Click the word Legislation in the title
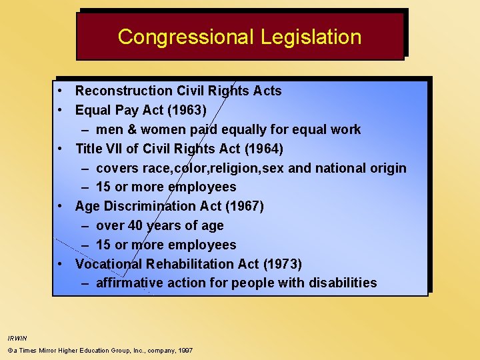click(x=311, y=37)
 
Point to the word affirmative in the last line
click(x=129, y=283)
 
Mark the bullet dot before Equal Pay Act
click(x=61, y=110)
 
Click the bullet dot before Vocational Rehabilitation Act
click(x=61, y=264)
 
